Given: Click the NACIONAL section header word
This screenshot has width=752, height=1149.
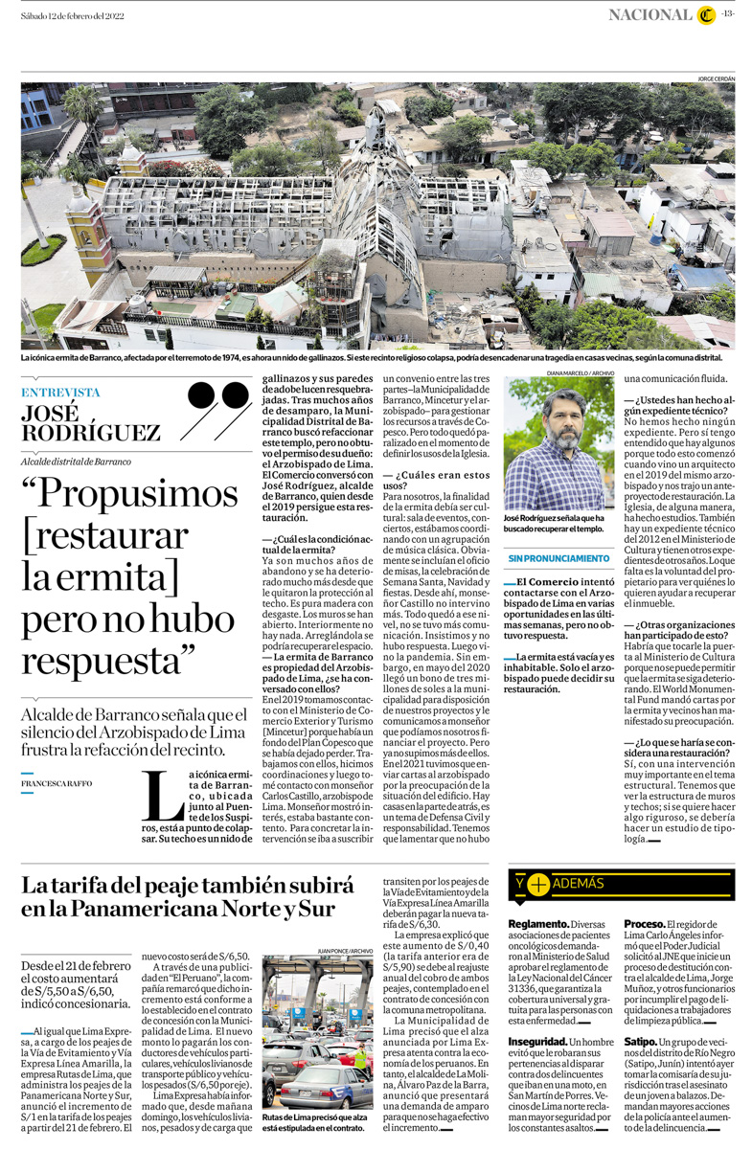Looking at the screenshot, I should pos(650,14).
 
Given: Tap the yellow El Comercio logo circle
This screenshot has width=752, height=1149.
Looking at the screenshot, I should pos(706,14).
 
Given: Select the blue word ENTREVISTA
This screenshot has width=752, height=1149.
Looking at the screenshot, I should pos(60,392).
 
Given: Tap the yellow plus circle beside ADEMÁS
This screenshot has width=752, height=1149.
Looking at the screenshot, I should pos(538,884).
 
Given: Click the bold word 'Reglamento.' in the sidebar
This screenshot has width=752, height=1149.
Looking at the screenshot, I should pos(536,923).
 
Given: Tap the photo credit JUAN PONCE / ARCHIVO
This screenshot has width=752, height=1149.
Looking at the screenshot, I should pos(344,951).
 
